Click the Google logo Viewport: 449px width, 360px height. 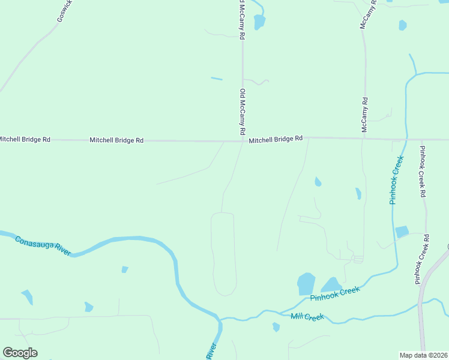[x=20, y=353]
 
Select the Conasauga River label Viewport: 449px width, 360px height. [x=43, y=245]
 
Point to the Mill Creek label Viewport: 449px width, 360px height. [x=307, y=317]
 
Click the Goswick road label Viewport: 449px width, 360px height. [x=65, y=11]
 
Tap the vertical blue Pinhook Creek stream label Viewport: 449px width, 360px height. [x=396, y=180]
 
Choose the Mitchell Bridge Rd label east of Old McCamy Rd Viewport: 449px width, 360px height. [x=276, y=139]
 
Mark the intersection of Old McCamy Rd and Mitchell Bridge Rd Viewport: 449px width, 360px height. [x=243, y=142]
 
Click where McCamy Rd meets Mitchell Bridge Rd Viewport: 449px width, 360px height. [x=364, y=139]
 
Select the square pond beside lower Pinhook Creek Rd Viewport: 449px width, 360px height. [x=402, y=232]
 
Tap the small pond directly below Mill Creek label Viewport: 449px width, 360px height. [x=276, y=327]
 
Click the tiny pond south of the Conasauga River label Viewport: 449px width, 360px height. [x=125, y=269]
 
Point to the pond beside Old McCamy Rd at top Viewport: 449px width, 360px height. [x=259, y=22]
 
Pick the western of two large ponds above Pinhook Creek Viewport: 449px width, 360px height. [x=306, y=283]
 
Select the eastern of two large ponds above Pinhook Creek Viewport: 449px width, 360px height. [x=331, y=284]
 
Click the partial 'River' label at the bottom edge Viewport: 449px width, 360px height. [x=211, y=351]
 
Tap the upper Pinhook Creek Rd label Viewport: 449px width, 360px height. [x=423, y=172]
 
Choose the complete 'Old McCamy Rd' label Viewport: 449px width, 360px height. [x=243, y=112]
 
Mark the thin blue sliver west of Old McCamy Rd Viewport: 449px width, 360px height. [x=217, y=78]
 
